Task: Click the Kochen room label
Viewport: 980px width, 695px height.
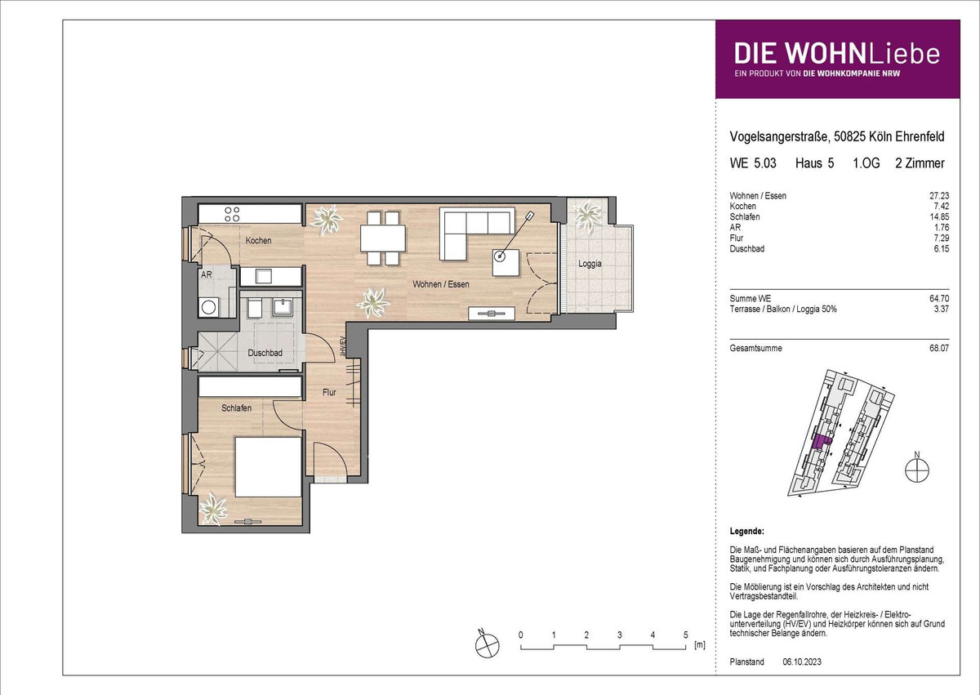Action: pos(258,241)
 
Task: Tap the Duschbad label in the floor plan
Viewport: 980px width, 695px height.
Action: pos(265,353)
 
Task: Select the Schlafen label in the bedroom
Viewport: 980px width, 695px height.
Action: pos(236,408)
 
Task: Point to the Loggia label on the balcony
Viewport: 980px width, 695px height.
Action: pos(590,264)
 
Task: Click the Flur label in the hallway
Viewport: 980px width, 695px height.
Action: pos(329,392)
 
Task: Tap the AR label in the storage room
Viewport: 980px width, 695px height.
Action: pos(206,275)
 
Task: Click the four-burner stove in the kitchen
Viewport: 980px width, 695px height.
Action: pos(232,214)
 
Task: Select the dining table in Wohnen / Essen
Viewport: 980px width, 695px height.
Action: pos(383,238)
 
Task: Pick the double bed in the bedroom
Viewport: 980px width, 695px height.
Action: pos(268,467)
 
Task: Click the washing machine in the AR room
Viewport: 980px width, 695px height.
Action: pos(209,306)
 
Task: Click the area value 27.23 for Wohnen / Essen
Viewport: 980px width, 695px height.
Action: pos(939,196)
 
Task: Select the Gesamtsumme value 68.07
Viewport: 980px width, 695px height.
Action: pos(939,349)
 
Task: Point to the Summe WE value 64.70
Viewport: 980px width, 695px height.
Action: pos(939,299)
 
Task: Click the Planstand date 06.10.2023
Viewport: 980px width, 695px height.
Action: pos(802,662)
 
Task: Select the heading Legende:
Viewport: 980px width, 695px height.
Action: pos(746,532)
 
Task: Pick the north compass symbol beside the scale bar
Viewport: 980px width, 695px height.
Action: pos(487,644)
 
